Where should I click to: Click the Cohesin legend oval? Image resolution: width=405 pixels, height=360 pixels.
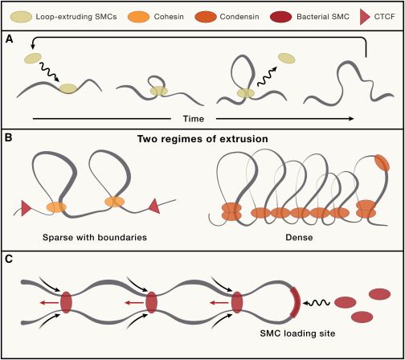pos(138,17)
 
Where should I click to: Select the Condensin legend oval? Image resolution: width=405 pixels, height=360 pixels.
pos(206,17)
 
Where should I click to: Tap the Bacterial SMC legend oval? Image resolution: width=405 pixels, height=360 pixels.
pos(281,17)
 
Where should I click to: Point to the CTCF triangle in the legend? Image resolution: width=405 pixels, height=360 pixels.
pos(365,18)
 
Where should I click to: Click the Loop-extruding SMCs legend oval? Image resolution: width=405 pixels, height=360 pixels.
pos(21,17)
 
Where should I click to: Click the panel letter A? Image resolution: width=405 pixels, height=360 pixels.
pos(9,39)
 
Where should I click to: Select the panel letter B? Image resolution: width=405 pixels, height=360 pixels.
pos(9,139)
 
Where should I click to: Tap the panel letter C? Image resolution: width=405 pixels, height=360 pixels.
pos(9,260)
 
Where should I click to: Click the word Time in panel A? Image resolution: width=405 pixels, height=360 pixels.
pos(194,119)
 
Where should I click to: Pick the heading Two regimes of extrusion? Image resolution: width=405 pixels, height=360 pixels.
pos(202,139)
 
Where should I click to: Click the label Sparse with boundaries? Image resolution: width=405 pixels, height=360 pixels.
pos(95,237)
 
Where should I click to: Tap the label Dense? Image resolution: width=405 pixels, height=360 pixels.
pos(299,237)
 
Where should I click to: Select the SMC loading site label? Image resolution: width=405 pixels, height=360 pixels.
pos(297,333)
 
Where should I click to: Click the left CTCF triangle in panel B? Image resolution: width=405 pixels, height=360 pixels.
pos(27,208)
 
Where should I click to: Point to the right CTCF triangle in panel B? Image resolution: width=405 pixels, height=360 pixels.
pos(154,206)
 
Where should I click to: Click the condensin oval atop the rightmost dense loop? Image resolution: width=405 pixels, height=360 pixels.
pos(382,162)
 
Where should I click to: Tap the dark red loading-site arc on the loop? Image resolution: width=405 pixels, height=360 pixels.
pos(297,302)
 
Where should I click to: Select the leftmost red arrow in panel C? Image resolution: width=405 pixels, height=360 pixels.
pos(50,303)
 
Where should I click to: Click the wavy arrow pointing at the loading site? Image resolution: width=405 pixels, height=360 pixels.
pos(317,303)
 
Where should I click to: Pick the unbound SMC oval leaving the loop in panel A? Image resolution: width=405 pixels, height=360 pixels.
pos(287,58)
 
